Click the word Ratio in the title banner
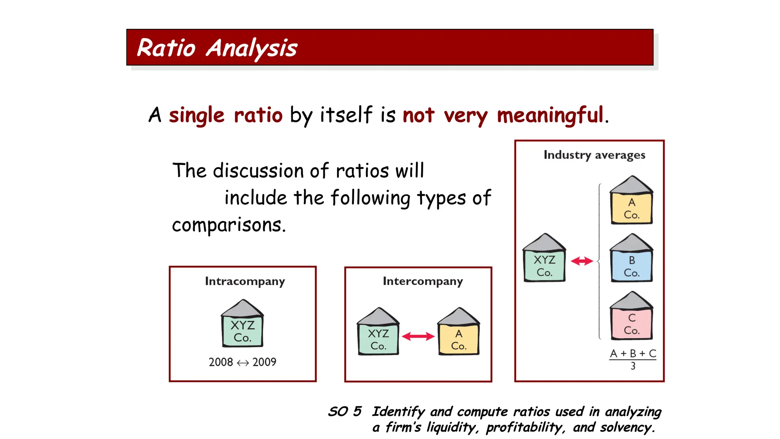point(166,48)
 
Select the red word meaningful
point(550,115)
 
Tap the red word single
point(197,115)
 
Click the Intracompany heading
point(245,281)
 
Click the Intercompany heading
point(423,281)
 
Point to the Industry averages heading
point(594,155)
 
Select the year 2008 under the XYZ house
point(221,362)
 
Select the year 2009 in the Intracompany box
point(264,362)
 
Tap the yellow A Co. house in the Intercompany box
point(459,333)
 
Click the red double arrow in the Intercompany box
point(418,336)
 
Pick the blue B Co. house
point(631,260)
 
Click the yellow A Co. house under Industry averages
point(631,202)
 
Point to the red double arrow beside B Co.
point(582,261)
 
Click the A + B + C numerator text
point(633,354)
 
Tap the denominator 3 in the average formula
point(633,366)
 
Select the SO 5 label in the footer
point(345,412)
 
